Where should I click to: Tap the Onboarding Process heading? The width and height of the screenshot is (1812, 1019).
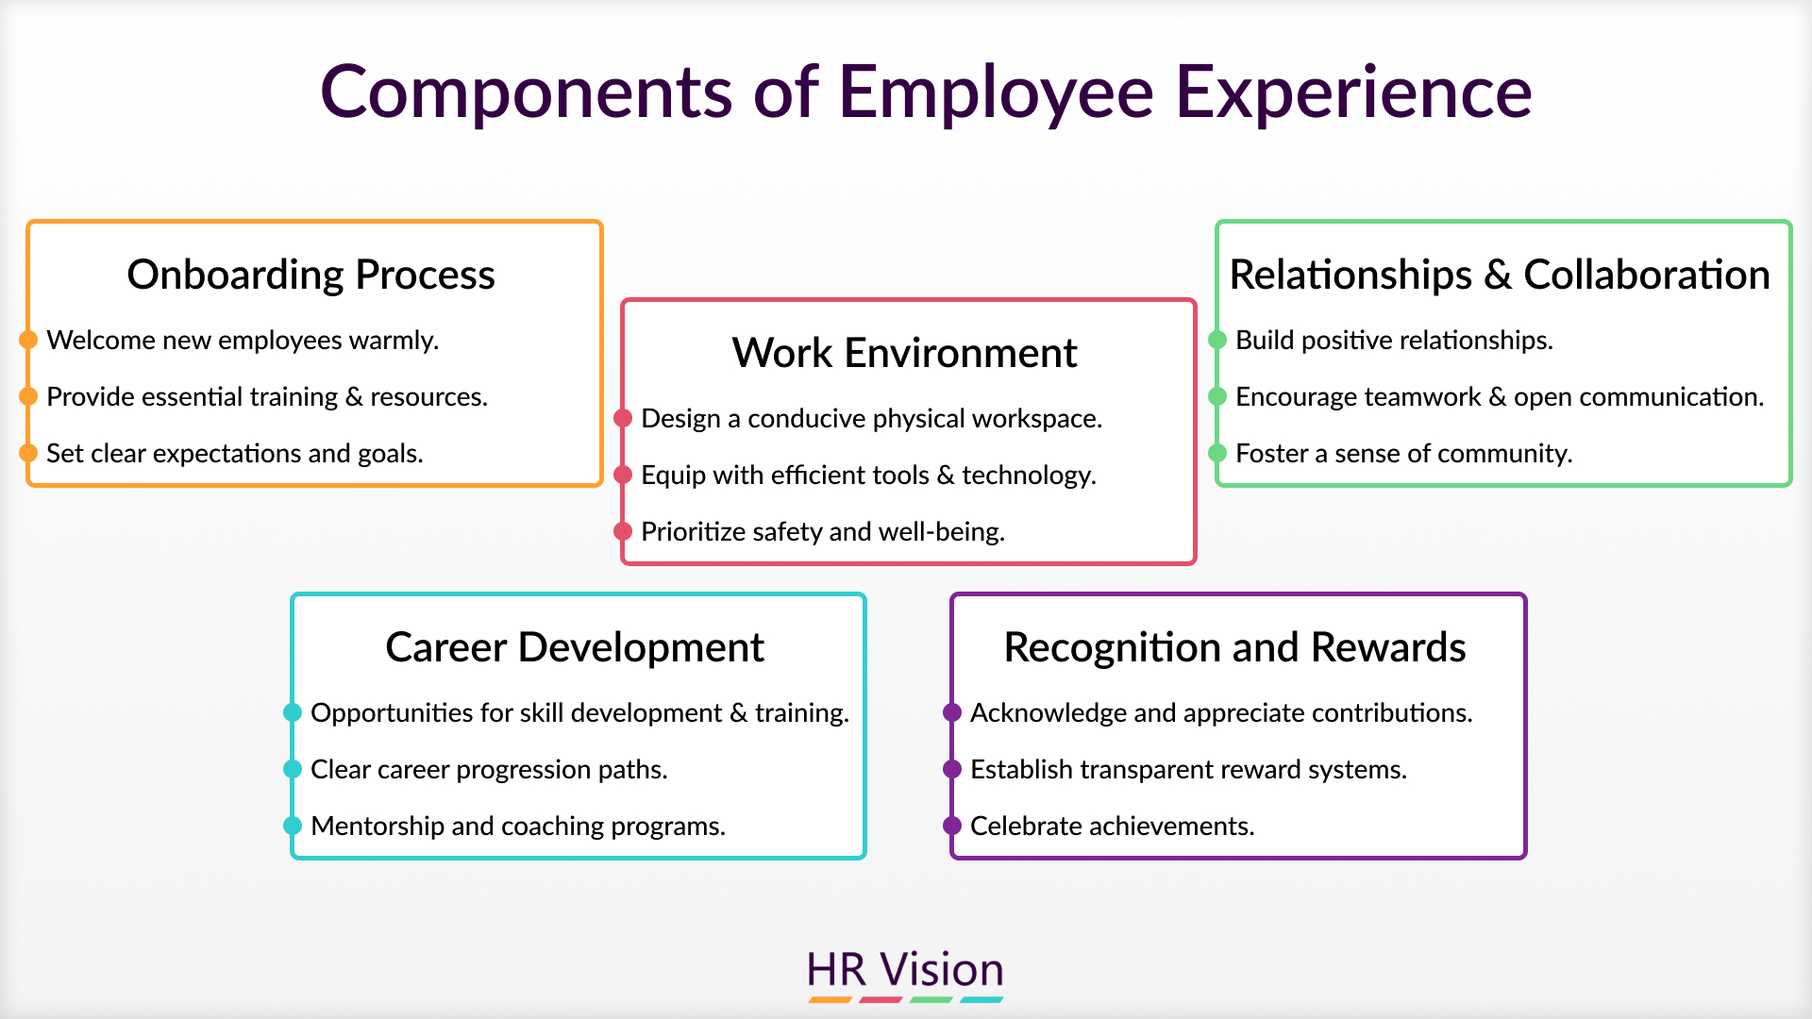pos(311,275)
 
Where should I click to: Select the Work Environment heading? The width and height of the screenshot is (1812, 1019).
pos(904,353)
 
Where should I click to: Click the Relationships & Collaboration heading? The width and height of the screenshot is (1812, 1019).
pos(1500,275)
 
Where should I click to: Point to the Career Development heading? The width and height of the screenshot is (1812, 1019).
pos(575,647)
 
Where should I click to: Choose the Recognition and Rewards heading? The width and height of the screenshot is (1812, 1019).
pos(1234,647)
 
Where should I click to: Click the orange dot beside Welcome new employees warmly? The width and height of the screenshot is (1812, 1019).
pos(28,340)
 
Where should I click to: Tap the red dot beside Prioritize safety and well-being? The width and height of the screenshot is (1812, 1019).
pos(623,531)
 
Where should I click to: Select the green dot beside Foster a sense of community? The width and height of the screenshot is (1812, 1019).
pos(1217,453)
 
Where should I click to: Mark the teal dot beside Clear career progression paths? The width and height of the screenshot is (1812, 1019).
pos(293,769)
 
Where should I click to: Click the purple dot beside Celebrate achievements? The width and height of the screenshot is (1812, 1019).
pos(952,826)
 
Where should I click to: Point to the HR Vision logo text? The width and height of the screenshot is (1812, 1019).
pos(905,970)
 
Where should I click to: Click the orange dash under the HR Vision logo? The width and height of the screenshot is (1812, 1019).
pos(830,999)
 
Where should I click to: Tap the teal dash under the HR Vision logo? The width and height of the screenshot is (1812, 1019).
pos(981,999)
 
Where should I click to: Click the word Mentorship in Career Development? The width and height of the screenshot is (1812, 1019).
pos(377,827)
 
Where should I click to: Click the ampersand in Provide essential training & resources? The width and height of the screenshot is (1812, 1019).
pos(354,397)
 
